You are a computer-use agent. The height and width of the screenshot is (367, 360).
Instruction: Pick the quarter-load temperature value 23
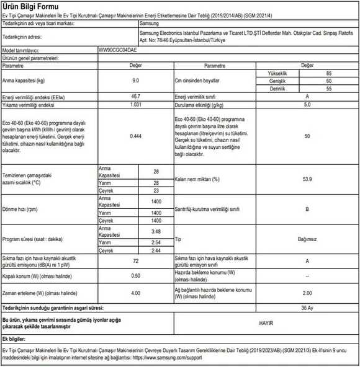coord(156,191)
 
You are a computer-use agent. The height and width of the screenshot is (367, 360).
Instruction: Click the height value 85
coord(328,73)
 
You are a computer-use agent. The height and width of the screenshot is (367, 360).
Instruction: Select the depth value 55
coord(328,89)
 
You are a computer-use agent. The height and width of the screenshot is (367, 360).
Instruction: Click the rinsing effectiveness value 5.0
coord(307,105)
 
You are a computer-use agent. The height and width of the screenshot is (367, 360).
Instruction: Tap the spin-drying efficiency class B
coord(307,209)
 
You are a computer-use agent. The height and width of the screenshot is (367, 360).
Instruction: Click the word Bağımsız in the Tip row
coord(307,239)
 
